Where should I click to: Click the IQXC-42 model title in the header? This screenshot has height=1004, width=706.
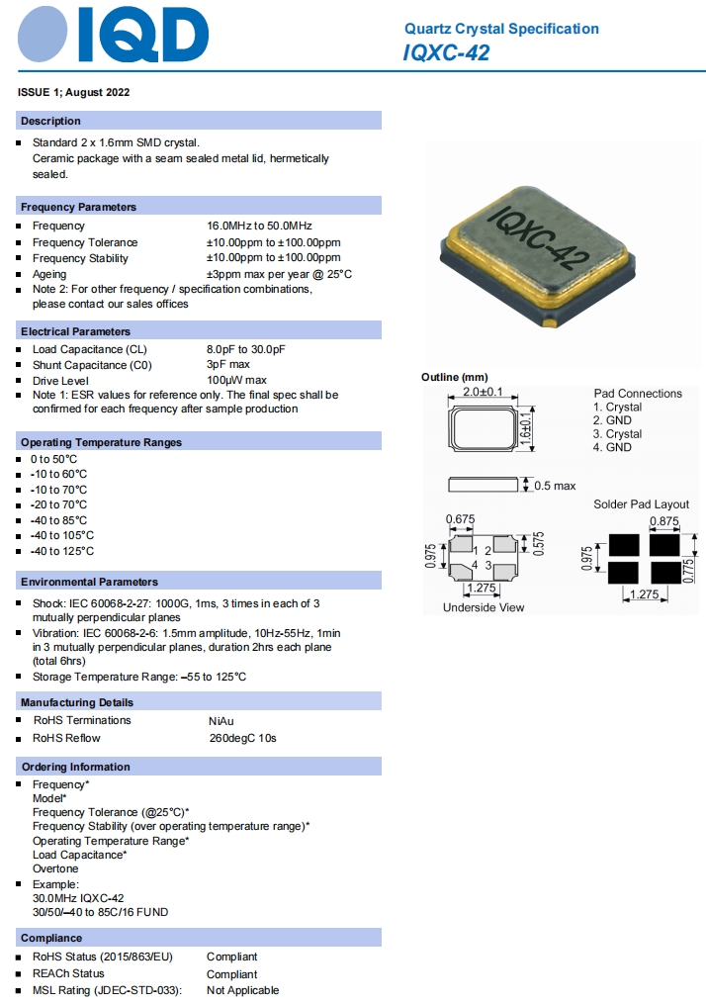(x=446, y=53)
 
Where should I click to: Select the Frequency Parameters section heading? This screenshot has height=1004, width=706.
(x=79, y=207)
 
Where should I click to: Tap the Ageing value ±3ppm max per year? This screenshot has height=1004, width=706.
(x=279, y=274)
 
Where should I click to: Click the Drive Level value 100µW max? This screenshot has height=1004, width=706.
(x=236, y=381)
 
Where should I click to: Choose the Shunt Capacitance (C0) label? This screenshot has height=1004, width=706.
(x=91, y=365)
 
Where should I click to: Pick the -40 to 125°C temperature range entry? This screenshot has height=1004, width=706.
(x=62, y=551)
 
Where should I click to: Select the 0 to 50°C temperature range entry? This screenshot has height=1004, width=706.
(x=53, y=459)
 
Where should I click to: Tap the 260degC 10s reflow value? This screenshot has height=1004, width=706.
(x=242, y=738)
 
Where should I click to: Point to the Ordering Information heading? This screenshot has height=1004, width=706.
(x=75, y=767)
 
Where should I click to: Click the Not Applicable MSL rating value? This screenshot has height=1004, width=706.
(x=243, y=990)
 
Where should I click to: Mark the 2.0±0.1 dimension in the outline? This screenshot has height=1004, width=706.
(x=483, y=392)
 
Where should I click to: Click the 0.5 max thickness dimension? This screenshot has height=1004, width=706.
(x=555, y=486)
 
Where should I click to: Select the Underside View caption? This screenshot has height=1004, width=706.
(x=484, y=607)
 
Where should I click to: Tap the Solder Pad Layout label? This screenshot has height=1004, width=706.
(x=641, y=504)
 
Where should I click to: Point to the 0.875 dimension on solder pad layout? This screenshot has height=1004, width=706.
(x=664, y=521)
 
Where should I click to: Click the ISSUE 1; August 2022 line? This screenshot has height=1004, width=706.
(x=74, y=92)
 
